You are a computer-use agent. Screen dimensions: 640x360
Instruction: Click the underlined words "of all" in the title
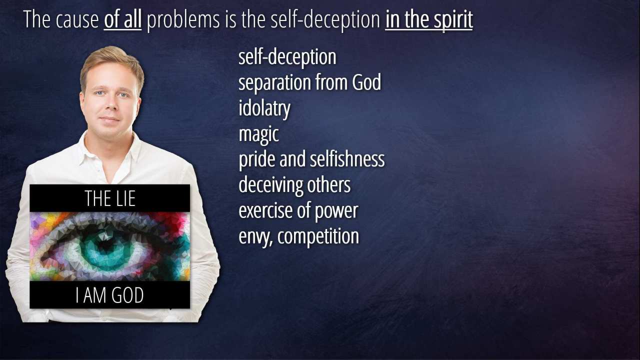click(x=122, y=19)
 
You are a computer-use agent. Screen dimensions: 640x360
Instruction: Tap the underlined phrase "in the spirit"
click(x=429, y=20)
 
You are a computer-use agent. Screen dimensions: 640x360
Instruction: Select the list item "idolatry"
click(x=264, y=108)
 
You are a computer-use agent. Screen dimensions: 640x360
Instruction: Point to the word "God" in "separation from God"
click(x=366, y=82)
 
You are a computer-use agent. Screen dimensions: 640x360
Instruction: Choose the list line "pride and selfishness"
click(x=311, y=159)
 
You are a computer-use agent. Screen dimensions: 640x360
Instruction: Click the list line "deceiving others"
click(x=294, y=185)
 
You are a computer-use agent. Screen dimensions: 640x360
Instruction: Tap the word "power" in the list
click(x=336, y=211)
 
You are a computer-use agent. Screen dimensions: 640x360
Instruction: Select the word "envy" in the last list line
click(x=255, y=237)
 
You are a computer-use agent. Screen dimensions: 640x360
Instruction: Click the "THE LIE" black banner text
click(x=110, y=198)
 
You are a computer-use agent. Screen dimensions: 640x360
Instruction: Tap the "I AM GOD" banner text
click(x=109, y=295)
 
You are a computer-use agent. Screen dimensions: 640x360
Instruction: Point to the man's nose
click(x=110, y=104)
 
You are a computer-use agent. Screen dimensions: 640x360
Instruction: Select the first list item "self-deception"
click(x=287, y=57)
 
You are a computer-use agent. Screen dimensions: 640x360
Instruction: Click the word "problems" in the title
click(x=183, y=20)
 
